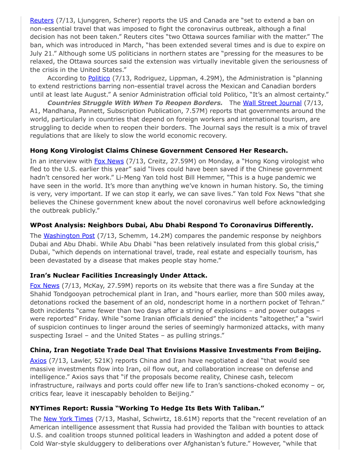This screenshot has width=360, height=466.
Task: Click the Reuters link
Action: point(41,20)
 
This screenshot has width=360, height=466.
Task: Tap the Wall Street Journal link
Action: point(272,103)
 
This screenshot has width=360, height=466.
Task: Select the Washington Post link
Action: point(69,236)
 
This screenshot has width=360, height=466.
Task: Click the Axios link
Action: point(38,361)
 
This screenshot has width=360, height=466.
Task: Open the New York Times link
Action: point(68,418)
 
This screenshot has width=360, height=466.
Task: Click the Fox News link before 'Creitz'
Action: point(109,161)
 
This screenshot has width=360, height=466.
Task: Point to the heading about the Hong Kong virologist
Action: point(159,150)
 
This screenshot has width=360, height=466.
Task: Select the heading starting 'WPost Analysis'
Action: point(172,225)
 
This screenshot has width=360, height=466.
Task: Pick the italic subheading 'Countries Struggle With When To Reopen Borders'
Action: point(135,103)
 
